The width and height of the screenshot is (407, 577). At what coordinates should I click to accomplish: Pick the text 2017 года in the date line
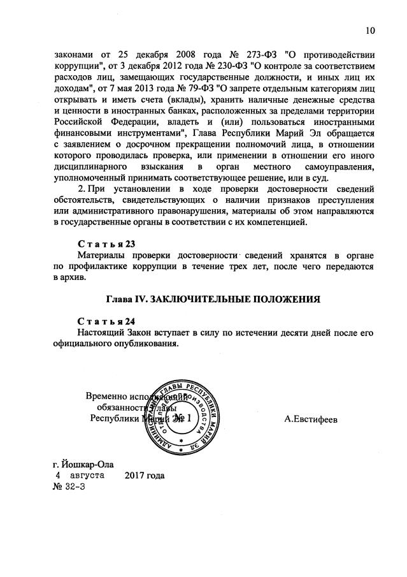(x=145, y=476)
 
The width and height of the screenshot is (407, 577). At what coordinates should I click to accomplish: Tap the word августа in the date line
(x=89, y=476)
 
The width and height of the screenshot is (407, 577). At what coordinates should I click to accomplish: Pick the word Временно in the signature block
(x=109, y=395)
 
